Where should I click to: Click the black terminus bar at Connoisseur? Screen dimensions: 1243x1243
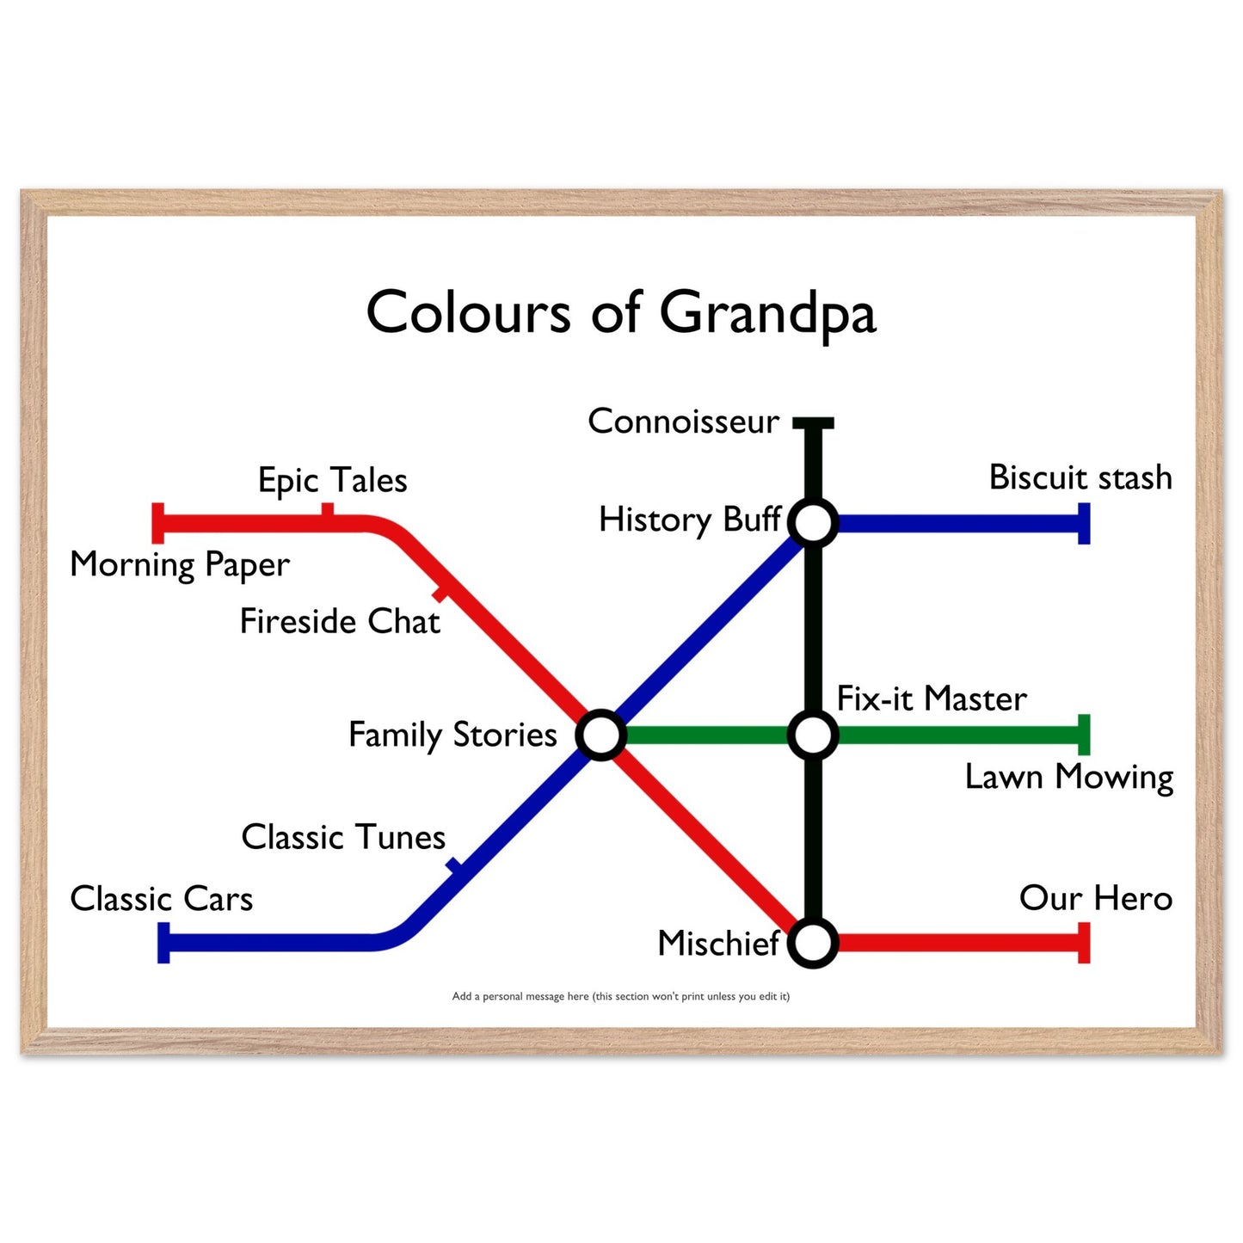click(813, 423)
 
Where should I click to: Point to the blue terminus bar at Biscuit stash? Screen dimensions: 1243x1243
click(1084, 523)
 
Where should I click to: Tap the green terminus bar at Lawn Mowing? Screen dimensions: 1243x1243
click(1084, 735)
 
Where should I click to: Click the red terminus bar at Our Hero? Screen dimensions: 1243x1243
click(1084, 943)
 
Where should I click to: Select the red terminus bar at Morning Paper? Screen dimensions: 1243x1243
click(157, 523)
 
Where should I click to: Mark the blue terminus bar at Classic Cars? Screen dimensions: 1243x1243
click(163, 943)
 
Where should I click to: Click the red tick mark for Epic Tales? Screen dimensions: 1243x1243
click(328, 510)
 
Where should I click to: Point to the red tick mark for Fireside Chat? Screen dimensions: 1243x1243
click(440, 594)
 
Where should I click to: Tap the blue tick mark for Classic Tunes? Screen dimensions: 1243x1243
click(455, 866)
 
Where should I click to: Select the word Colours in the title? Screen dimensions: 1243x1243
click(468, 312)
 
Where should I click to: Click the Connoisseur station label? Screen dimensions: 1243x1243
click(684, 422)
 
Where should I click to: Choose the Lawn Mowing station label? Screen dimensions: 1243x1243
click(1069, 778)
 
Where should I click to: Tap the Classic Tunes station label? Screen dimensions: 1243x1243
click(343, 837)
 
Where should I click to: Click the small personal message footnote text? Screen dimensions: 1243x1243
click(620, 996)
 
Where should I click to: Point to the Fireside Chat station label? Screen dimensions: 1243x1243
click(340, 621)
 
